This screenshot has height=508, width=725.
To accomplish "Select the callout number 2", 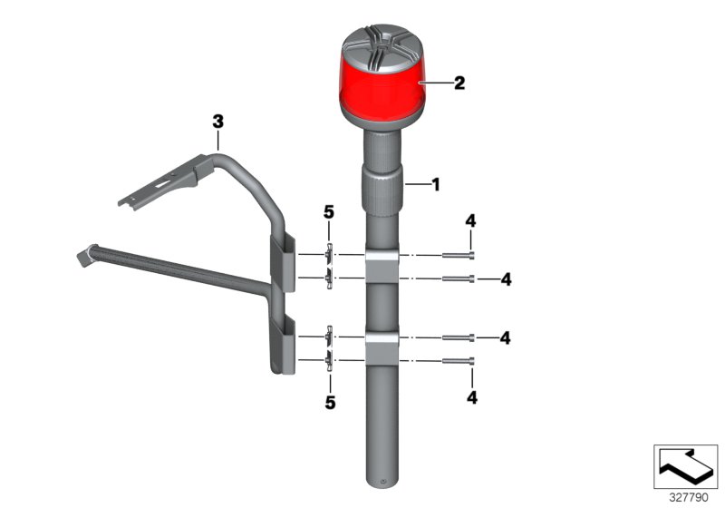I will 459,83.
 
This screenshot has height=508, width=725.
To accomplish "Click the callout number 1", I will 435,184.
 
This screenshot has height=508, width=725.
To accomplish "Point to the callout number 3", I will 217,121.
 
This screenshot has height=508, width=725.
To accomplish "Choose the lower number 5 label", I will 330,401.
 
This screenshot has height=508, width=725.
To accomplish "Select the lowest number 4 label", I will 470,396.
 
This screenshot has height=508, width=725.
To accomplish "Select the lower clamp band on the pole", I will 382,348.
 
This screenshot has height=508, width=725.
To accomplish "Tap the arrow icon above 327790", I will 685,466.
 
